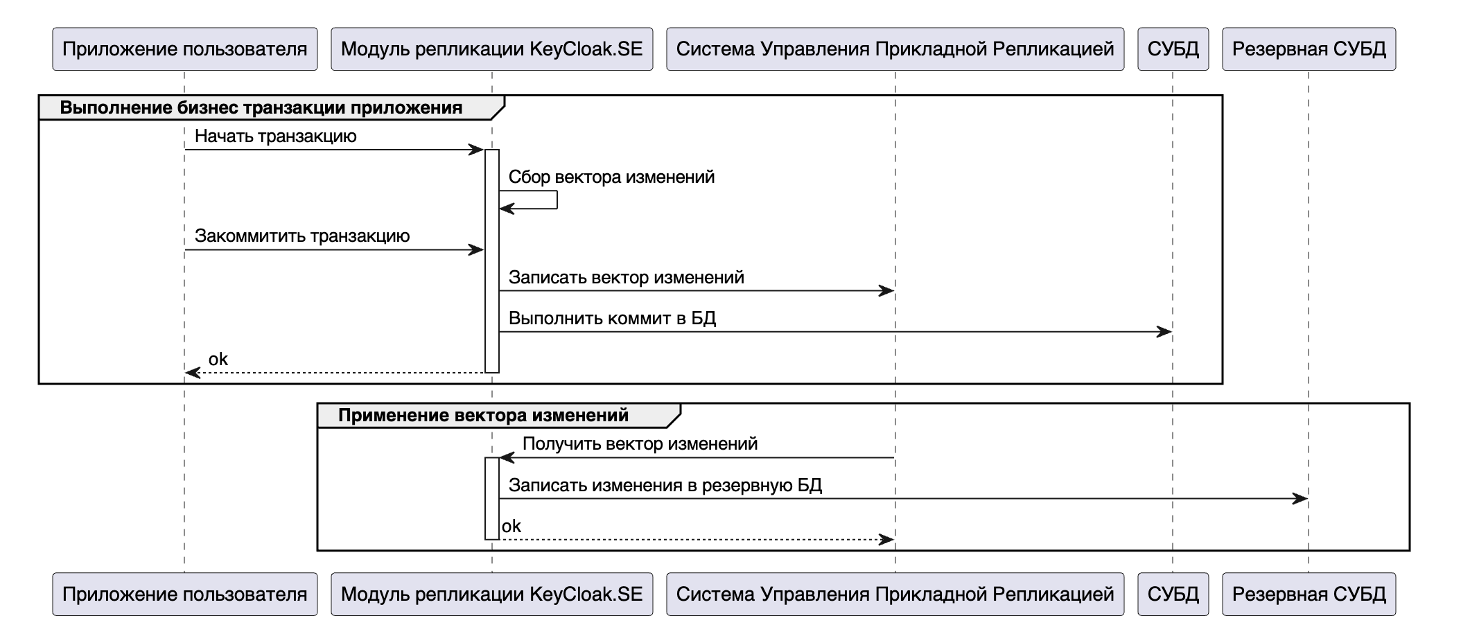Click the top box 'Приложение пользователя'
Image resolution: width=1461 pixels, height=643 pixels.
[x=184, y=49]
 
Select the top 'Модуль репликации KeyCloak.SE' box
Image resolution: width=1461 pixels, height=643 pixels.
[x=491, y=49]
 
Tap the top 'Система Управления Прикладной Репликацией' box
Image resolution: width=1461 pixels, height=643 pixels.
[x=895, y=49]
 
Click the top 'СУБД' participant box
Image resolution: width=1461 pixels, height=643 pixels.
[x=1173, y=49]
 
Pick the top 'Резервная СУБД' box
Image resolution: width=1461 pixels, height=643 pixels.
[x=1309, y=49]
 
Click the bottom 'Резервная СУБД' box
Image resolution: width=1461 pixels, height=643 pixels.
[x=1309, y=594]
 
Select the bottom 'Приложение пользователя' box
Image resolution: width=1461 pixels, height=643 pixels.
[x=184, y=594]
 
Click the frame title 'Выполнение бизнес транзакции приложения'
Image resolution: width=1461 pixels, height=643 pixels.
[x=261, y=108]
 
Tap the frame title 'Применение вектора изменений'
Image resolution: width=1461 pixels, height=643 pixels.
[x=483, y=416]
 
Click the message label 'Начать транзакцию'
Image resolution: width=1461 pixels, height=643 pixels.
[x=275, y=136]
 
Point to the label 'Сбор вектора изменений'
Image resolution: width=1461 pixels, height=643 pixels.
[x=611, y=177]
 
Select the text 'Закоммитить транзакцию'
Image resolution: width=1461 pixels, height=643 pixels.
[x=301, y=236]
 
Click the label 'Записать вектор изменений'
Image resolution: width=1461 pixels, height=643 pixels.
[x=626, y=278]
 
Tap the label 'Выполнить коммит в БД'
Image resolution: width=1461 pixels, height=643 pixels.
[x=612, y=319]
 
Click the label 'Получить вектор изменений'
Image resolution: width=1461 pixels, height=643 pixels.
[x=640, y=444]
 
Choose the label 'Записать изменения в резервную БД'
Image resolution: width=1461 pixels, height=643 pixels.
[x=665, y=485]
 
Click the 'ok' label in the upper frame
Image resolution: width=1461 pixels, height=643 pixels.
[x=218, y=359]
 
